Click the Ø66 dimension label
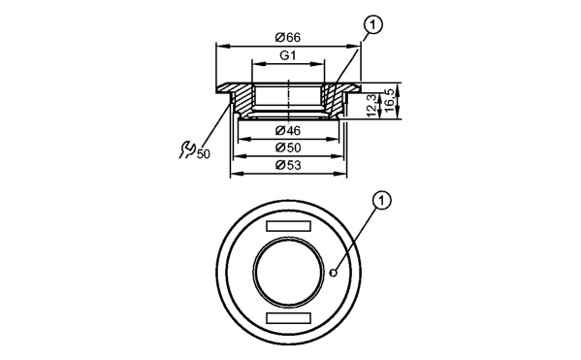288,38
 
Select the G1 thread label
288,55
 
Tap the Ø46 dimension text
288,130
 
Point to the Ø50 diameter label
288,147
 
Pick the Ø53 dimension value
288,165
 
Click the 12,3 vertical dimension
372,106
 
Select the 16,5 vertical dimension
389,101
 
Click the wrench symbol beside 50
187,149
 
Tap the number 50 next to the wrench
203,154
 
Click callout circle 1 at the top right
373,25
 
